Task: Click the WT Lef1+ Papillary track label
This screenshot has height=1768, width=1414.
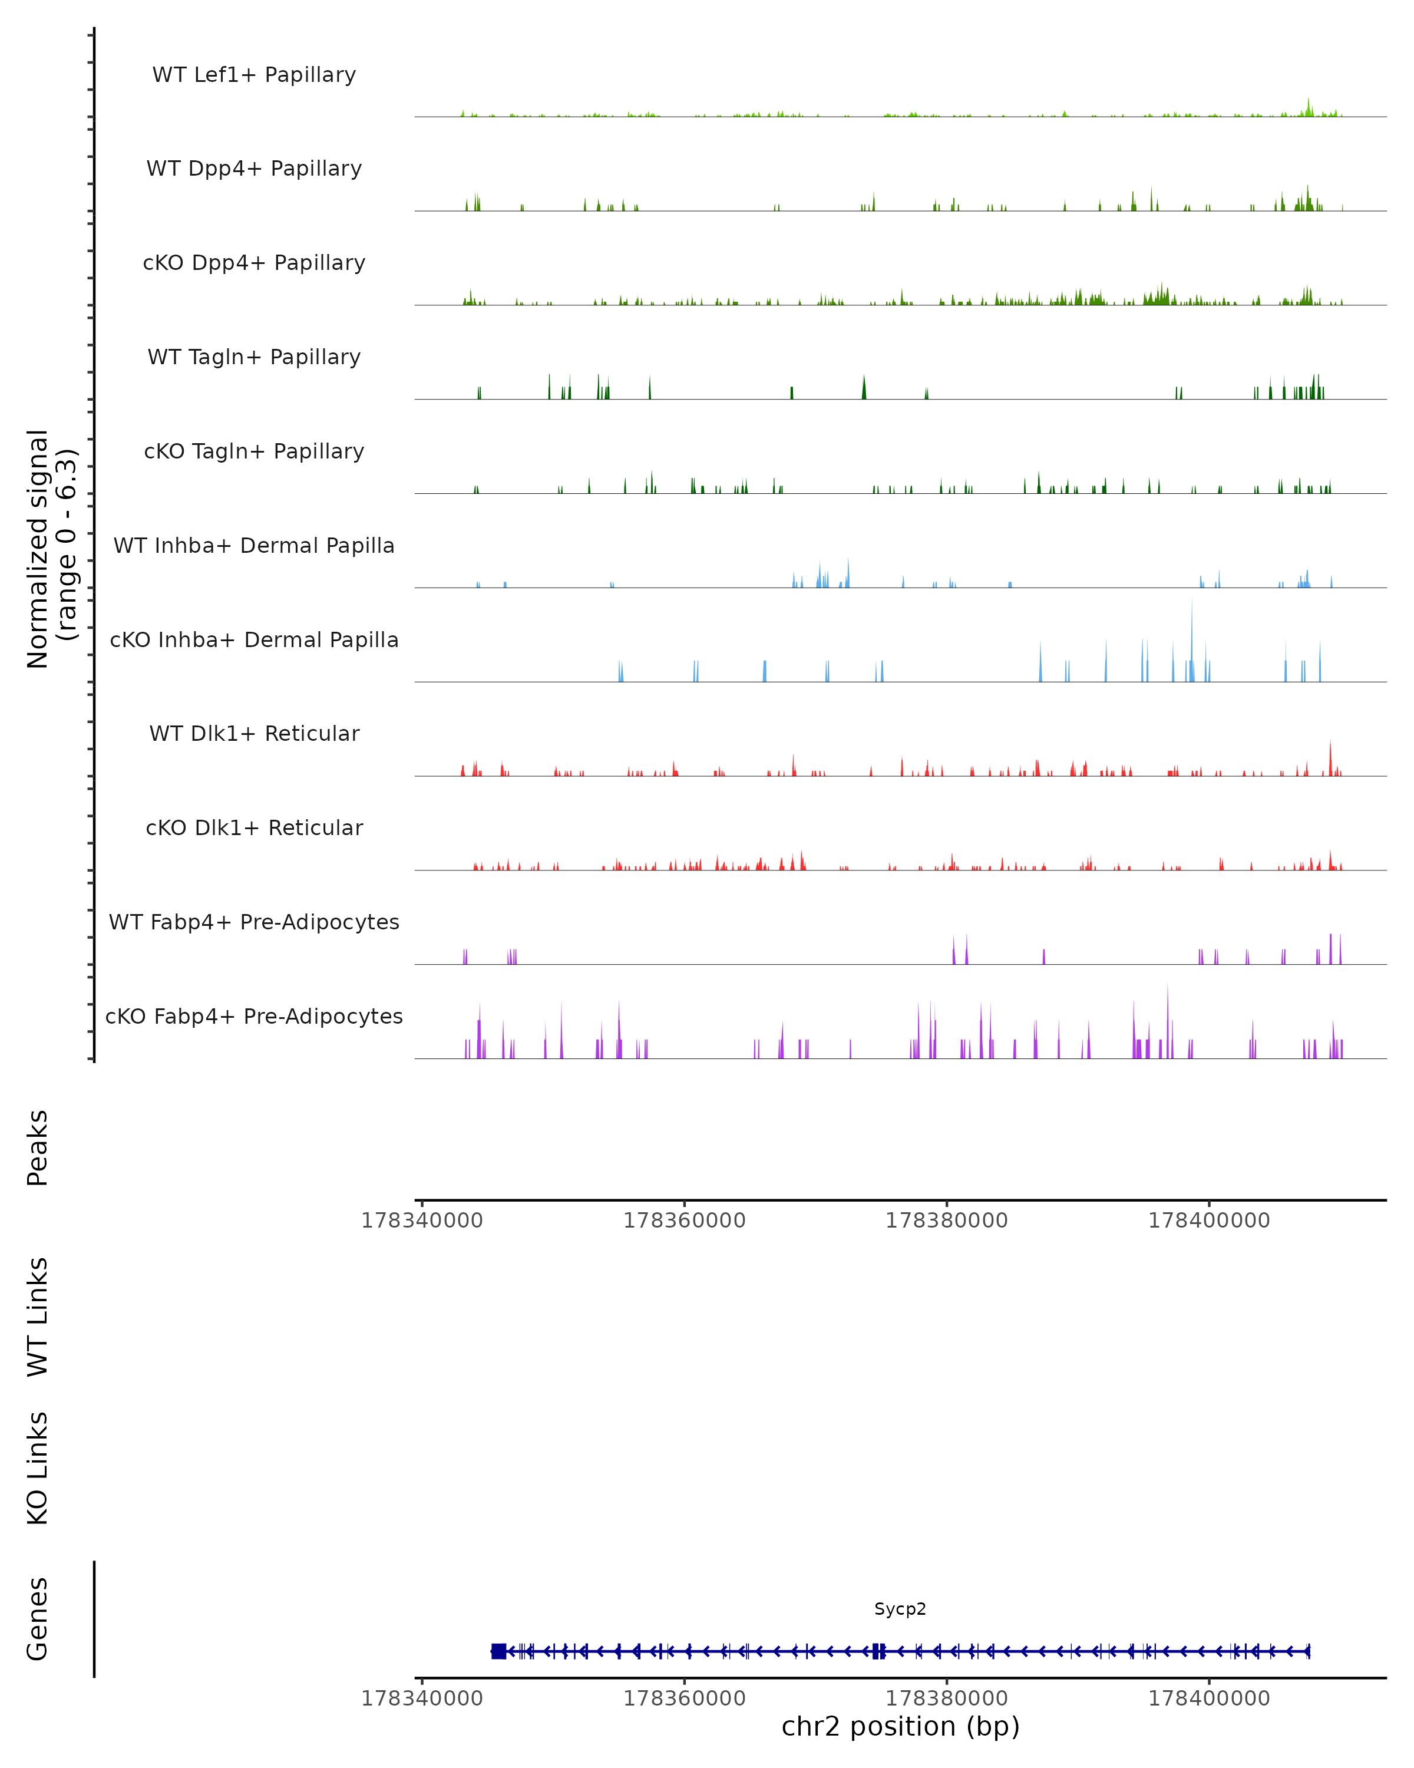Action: [254, 75]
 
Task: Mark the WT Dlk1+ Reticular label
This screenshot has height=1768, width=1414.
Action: [254, 733]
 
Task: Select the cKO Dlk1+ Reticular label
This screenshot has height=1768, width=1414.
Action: [254, 827]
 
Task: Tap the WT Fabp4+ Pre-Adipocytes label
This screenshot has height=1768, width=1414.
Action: [254, 922]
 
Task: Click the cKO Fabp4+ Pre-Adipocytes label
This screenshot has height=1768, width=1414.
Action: [254, 1016]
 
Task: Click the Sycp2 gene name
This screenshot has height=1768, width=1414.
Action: [900, 1609]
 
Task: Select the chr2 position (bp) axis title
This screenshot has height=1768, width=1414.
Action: [900, 1726]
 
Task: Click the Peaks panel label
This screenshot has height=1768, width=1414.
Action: [38, 1147]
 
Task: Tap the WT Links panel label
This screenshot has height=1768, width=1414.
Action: [38, 1316]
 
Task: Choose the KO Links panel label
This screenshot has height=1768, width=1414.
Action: [38, 1468]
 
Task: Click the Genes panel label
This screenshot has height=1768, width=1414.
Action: [38, 1619]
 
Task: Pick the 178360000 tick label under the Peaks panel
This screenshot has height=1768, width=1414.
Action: [685, 1221]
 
